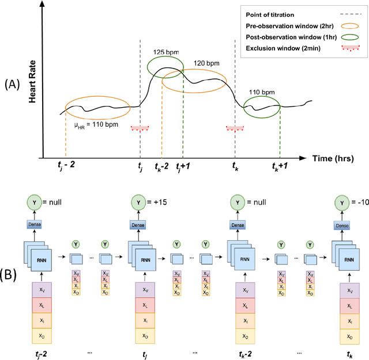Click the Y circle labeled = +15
pyautogui.click(x=138, y=203)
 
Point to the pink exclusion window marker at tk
pyautogui.click(x=235, y=128)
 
